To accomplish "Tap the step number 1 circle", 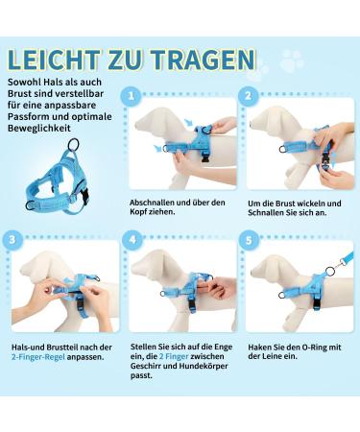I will click(131, 97).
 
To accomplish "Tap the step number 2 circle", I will click(250, 97).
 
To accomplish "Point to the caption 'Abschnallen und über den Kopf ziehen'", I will click(178, 207).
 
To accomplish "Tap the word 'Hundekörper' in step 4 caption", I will click(205, 367).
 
